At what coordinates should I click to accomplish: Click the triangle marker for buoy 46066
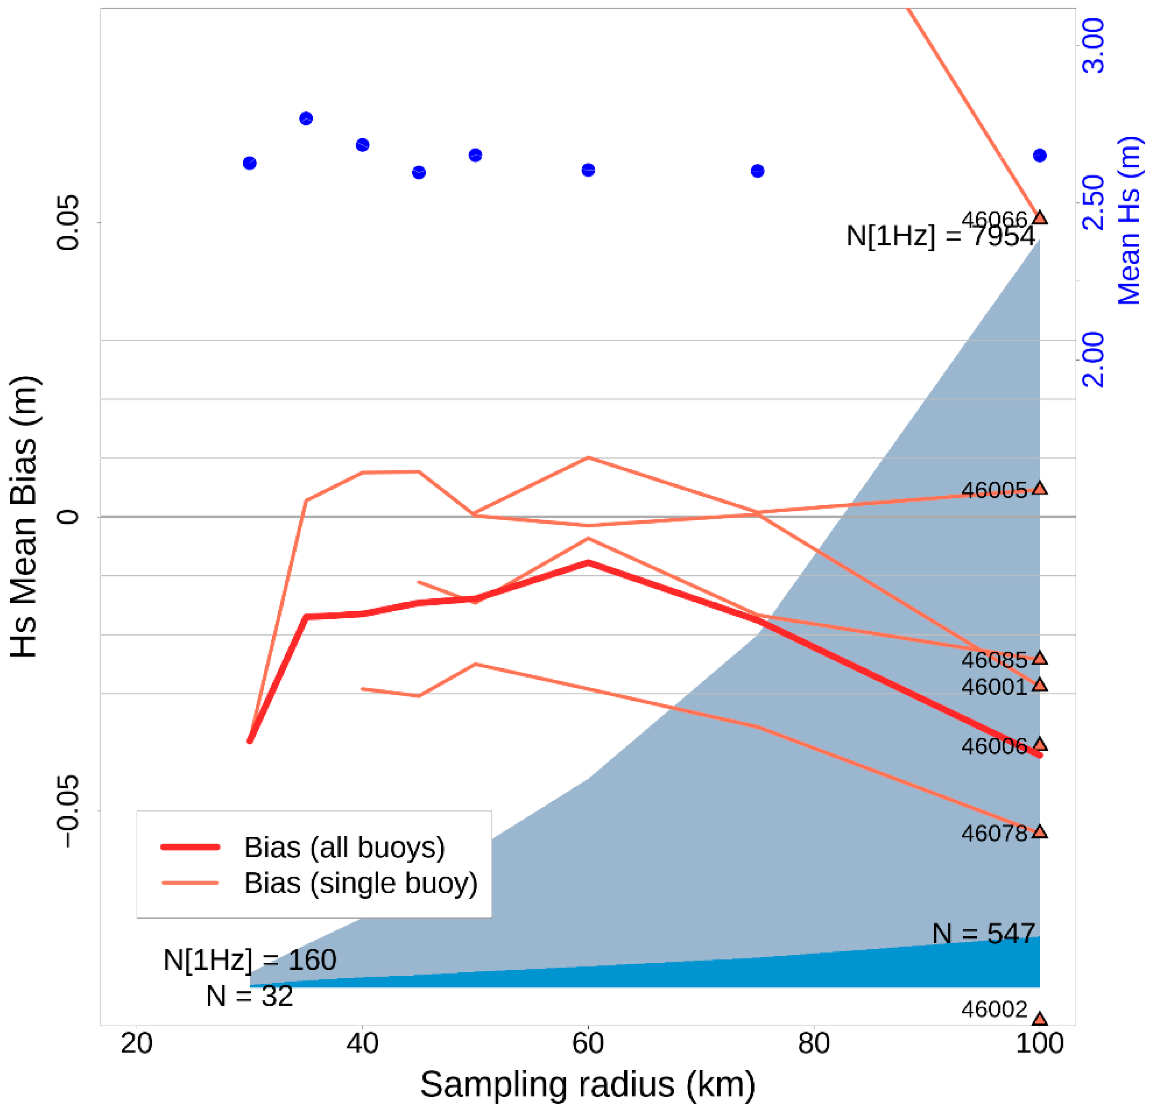coord(1040,218)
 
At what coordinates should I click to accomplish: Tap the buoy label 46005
coord(994,490)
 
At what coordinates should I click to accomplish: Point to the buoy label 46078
coord(994,833)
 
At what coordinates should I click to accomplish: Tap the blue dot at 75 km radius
coord(758,171)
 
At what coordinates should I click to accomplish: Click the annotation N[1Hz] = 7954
coord(940,236)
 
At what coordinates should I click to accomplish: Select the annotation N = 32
coord(249,996)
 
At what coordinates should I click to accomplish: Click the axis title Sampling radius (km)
coord(588,1084)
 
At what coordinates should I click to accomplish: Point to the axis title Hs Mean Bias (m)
coord(25,517)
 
